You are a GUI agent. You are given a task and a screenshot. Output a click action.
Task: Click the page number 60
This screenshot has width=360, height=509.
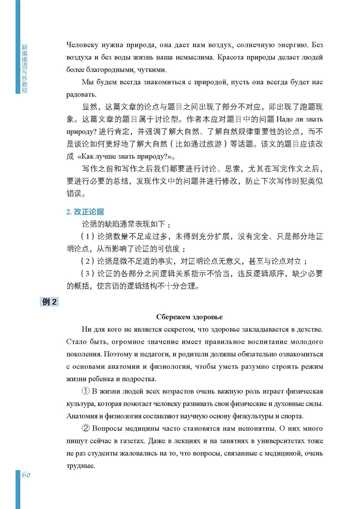(x=26, y=474)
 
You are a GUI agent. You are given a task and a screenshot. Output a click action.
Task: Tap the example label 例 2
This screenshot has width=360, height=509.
(x=49, y=302)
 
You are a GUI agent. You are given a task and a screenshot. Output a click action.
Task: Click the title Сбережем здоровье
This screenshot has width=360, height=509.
(x=189, y=317)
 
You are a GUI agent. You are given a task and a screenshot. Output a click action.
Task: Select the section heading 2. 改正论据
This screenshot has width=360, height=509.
(x=85, y=212)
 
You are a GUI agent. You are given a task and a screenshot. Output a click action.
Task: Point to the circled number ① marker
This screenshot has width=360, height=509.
(x=86, y=391)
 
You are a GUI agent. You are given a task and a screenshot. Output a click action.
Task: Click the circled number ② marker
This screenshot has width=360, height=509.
(x=86, y=429)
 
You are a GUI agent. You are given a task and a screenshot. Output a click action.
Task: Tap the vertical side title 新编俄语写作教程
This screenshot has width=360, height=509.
(x=24, y=68)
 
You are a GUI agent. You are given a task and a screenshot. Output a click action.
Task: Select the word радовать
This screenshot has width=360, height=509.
(x=81, y=95)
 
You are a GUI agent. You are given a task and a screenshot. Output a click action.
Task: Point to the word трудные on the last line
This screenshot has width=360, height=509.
(x=80, y=466)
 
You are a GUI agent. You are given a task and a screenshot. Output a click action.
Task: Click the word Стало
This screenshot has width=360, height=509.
(x=76, y=342)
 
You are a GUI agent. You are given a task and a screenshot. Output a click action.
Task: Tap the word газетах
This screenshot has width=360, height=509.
(x=157, y=441)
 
